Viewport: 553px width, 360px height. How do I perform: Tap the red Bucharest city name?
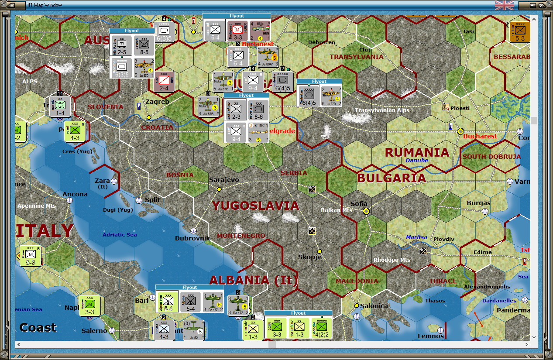[480, 136]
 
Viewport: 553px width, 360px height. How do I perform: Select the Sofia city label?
[359, 204]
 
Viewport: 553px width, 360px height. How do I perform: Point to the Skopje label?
[310, 257]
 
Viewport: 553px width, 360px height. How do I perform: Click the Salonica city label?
[373, 306]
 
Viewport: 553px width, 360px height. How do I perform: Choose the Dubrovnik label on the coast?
[192, 238]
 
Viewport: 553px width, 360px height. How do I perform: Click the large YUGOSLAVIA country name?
[255, 206]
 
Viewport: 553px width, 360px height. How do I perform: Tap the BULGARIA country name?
[392, 178]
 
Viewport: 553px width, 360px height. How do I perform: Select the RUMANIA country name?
[417, 152]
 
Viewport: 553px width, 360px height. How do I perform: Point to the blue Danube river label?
[417, 161]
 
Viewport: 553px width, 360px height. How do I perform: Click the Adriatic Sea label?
[120, 235]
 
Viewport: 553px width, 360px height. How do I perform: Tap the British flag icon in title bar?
[504, 5]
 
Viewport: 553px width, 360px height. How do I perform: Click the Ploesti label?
[460, 108]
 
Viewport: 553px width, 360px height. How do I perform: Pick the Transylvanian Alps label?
[382, 110]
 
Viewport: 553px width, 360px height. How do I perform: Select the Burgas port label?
[478, 203]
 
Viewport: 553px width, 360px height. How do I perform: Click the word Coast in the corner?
[38, 327]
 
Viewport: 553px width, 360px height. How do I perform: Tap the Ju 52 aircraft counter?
[194, 330]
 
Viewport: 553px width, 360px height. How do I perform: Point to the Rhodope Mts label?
[392, 260]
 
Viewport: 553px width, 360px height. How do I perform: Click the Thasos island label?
[435, 301]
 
